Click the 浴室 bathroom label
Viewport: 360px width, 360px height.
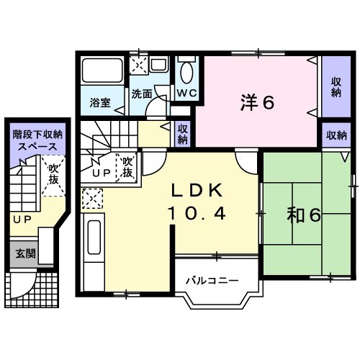pos(100,102)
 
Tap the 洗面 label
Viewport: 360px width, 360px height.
pos(142,94)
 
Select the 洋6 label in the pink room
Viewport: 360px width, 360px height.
pos(257,103)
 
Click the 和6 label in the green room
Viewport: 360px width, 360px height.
pos(305,214)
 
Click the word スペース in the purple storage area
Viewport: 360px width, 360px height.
pos(37,145)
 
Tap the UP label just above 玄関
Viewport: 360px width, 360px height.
pos(20,217)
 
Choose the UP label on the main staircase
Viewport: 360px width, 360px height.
pos(100,174)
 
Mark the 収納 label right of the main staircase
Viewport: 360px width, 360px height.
pos(183,134)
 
